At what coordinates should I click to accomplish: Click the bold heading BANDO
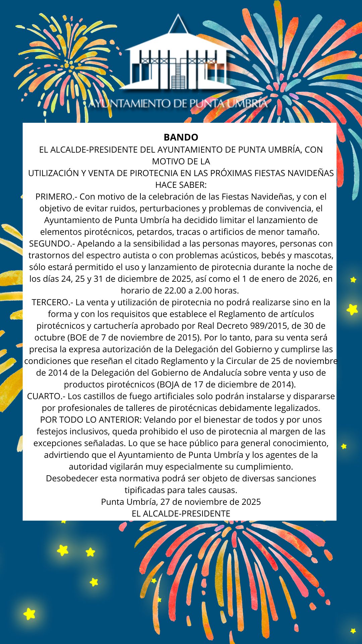[181, 137]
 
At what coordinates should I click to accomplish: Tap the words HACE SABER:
[181, 185]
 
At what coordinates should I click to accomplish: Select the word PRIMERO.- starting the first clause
[56, 197]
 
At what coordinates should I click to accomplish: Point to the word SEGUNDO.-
[52, 244]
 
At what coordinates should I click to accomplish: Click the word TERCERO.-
[52, 302]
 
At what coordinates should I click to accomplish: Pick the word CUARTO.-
[46, 396]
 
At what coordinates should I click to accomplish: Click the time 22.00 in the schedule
[174, 290]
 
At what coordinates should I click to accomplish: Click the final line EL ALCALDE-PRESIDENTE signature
[181, 514]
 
